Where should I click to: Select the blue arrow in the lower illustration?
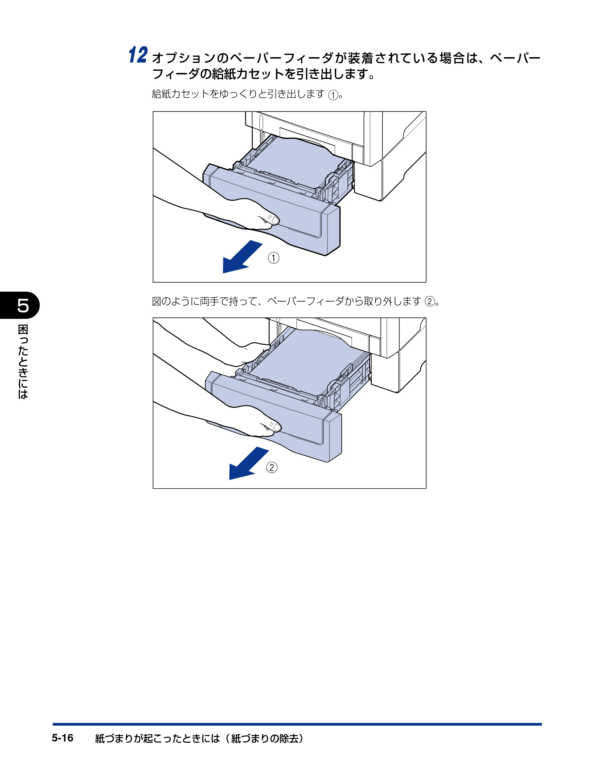[249, 463]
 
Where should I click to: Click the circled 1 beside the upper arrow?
[273, 258]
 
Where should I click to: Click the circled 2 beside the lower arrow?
[272, 467]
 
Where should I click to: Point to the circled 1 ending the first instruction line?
[333, 95]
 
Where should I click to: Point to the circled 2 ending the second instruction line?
[430, 302]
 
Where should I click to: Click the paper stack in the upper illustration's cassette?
[293, 161]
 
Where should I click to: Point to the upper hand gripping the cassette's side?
[247, 352]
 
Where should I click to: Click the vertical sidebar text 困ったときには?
[23, 362]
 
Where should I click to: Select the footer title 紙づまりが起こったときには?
[157, 738]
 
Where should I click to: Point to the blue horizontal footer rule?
[297, 724]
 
